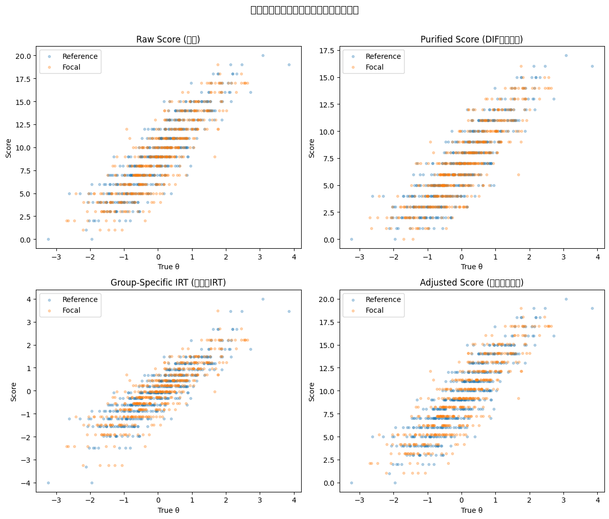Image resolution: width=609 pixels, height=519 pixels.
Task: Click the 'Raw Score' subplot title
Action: [168, 39]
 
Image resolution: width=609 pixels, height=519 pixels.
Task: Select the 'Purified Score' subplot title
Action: [471, 39]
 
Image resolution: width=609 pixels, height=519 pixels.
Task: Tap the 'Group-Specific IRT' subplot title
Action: [168, 283]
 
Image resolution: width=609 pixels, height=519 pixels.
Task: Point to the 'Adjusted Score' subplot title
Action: [471, 283]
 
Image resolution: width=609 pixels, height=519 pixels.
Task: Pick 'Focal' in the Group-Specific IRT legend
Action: [73, 310]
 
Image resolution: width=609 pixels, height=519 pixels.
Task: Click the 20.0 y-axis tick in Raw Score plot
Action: [23, 55]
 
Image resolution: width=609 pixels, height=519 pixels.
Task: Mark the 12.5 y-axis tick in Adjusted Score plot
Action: [326, 368]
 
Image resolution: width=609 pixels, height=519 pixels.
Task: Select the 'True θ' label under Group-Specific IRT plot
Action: [168, 510]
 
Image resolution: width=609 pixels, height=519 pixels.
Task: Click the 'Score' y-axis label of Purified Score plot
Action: [312, 147]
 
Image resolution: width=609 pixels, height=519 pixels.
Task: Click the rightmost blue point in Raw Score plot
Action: [289, 64]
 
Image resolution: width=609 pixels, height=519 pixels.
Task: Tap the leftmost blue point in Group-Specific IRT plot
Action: [48, 483]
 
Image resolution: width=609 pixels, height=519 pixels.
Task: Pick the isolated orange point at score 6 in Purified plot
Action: [518, 175]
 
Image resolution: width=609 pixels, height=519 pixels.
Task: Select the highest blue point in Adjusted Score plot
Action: [566, 299]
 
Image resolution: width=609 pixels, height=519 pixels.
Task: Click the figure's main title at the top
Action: [304, 10]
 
